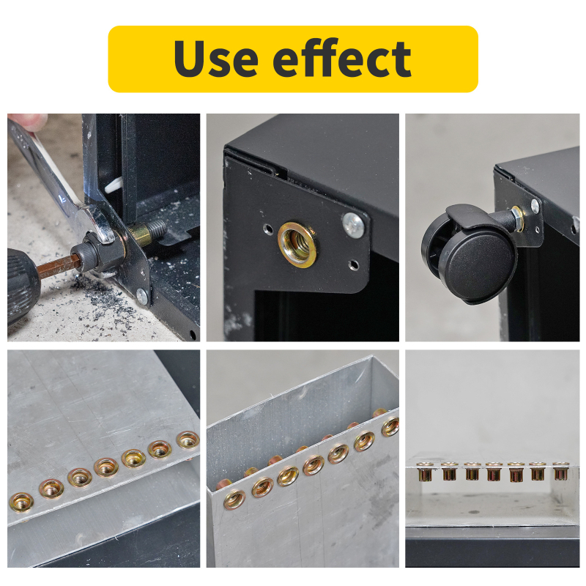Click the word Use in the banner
(217, 59)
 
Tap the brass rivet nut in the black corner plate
(297, 244)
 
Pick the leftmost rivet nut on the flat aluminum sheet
(21, 502)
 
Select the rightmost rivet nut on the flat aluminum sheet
(188, 439)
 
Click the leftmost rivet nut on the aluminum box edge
(235, 499)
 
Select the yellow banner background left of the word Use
(139, 59)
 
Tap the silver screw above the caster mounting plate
(535, 207)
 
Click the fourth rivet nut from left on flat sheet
(106, 467)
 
